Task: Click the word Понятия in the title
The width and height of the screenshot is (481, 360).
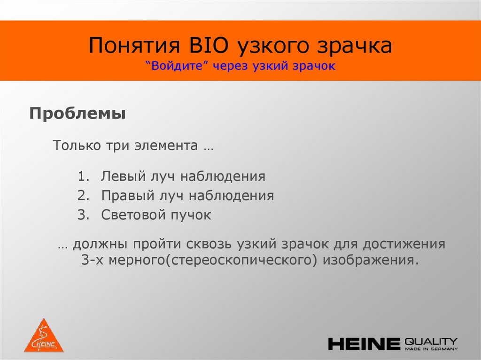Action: tap(135, 47)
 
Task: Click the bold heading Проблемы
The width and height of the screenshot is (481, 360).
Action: tap(78, 114)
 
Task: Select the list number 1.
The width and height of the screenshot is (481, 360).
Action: tap(83, 177)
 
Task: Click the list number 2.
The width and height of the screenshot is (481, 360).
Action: tap(83, 196)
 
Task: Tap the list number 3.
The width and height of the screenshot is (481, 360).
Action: tap(83, 215)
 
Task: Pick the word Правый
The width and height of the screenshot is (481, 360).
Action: tap(124, 196)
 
